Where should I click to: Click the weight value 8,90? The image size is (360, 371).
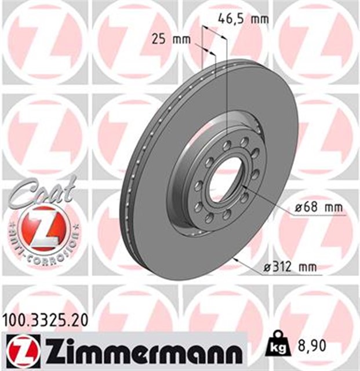point(313,347)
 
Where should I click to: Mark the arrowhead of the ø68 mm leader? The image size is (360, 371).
point(246,188)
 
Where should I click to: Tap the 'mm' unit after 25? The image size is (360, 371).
point(183,39)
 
